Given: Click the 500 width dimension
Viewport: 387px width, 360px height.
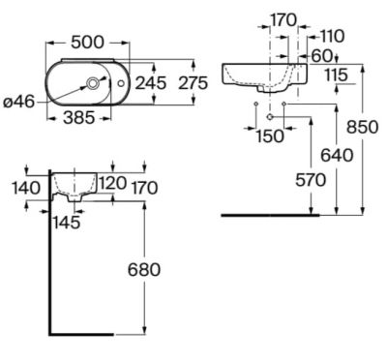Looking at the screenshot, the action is tap(87, 43).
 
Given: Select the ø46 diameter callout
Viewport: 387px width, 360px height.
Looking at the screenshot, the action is tap(18, 103).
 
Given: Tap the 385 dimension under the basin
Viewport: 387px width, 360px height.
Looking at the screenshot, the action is tap(79, 118).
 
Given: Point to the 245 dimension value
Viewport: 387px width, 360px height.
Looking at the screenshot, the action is tap(151, 83).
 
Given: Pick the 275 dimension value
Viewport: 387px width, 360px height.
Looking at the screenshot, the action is tap(193, 83).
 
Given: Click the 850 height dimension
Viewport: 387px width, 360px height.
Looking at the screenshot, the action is tap(362, 127).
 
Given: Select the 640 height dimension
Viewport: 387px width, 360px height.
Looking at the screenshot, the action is tap(337, 156).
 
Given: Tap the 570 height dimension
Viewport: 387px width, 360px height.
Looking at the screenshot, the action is tap(311, 180).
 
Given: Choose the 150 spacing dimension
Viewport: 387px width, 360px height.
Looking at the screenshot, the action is tap(270, 136).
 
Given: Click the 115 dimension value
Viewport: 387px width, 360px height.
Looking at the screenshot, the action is tap(336, 75).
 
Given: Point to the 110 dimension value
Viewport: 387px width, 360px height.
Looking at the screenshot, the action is tap(333, 36).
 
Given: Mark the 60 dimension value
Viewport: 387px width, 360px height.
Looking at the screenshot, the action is tap(321, 56).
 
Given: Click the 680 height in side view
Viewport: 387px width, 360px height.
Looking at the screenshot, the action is tap(144, 270).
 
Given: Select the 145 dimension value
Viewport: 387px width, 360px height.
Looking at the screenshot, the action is tap(67, 223).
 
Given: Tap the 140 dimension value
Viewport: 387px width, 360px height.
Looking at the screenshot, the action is tap(26, 188).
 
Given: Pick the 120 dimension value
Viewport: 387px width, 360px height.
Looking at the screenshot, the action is tap(112, 183).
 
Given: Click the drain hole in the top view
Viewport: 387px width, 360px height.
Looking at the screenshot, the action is tap(93, 83).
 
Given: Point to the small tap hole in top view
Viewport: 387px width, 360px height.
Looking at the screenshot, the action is tap(121, 83).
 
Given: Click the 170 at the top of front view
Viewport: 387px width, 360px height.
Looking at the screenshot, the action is tap(283, 20).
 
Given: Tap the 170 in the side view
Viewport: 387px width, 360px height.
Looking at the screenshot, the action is tap(144, 188).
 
